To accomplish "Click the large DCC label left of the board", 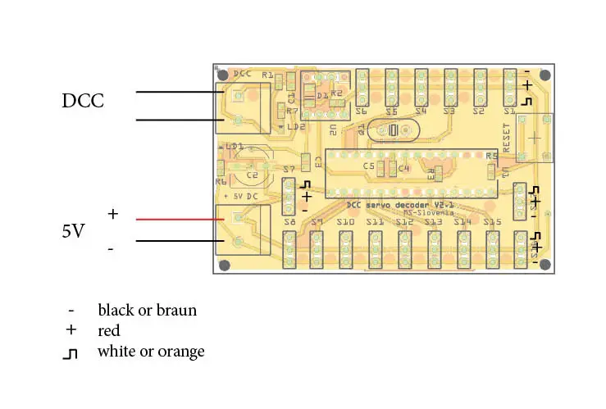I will click(83, 101).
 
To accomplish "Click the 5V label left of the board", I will click(73, 231).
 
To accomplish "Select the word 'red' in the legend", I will click(108, 331).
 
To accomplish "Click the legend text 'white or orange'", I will click(151, 352).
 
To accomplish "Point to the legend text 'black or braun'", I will click(147, 310).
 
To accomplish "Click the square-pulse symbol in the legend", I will click(72, 352).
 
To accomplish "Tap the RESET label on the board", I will click(506, 138).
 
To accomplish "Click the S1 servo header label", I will click(509, 111).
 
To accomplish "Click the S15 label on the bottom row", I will click(492, 222).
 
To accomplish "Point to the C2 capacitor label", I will click(252, 175).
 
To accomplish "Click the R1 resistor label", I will click(267, 75).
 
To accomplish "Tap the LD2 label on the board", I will click(295, 127).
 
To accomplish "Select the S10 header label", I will click(345, 222).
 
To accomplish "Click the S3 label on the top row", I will click(449, 111).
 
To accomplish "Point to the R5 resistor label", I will click(491, 155).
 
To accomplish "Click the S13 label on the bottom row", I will click(433, 222).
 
